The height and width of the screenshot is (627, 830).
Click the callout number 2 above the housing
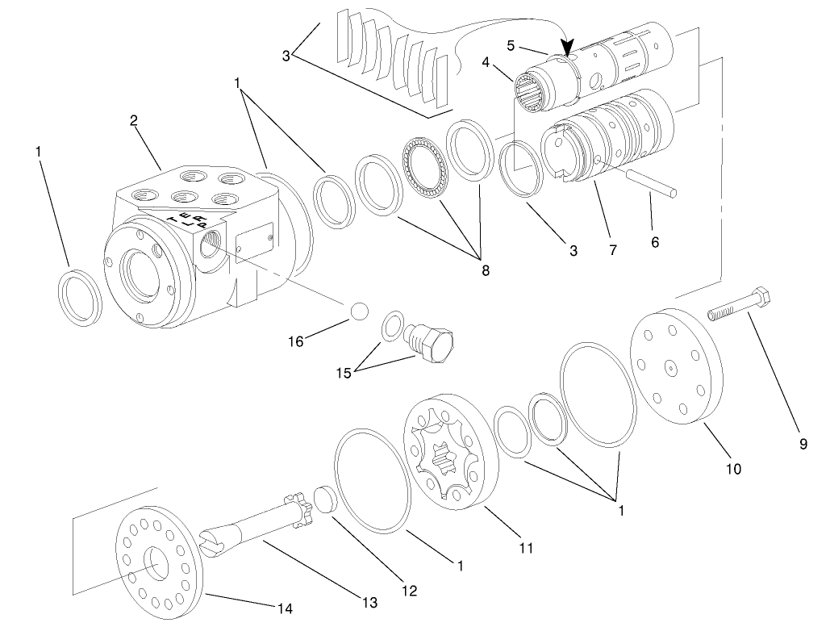pyautogui.click(x=134, y=121)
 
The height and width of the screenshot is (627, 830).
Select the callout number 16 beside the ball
pyautogui.click(x=296, y=342)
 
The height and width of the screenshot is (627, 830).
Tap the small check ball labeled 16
pyautogui.click(x=357, y=311)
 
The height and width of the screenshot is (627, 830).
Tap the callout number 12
pyautogui.click(x=410, y=591)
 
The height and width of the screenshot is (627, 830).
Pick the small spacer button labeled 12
pyautogui.click(x=323, y=497)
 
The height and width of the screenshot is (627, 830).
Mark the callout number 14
pyautogui.click(x=286, y=608)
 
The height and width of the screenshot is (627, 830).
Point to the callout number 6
pyautogui.click(x=655, y=242)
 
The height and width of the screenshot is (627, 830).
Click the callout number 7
pyautogui.click(x=613, y=251)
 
